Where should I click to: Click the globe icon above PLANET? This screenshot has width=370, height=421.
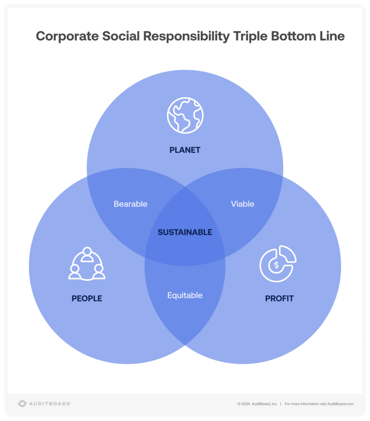pos(185,116)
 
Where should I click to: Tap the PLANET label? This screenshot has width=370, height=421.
pos(185,150)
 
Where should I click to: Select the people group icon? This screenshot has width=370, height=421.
pos(87,264)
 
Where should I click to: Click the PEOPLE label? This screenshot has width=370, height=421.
pos(87,298)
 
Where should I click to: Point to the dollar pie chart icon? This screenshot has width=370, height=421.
pos(278,264)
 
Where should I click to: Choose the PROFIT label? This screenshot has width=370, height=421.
pos(279,298)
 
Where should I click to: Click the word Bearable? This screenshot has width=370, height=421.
pos(130,204)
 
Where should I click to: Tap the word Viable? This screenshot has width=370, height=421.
pos(243,204)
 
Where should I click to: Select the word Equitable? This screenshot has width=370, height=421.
pos(185,295)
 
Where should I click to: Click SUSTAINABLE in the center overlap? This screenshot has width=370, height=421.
pos(185,232)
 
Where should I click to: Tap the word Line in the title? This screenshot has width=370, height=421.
pos(332,36)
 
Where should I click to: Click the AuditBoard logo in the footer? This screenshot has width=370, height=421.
pos(44,404)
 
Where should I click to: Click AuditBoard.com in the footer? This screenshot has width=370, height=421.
pos(340,404)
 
